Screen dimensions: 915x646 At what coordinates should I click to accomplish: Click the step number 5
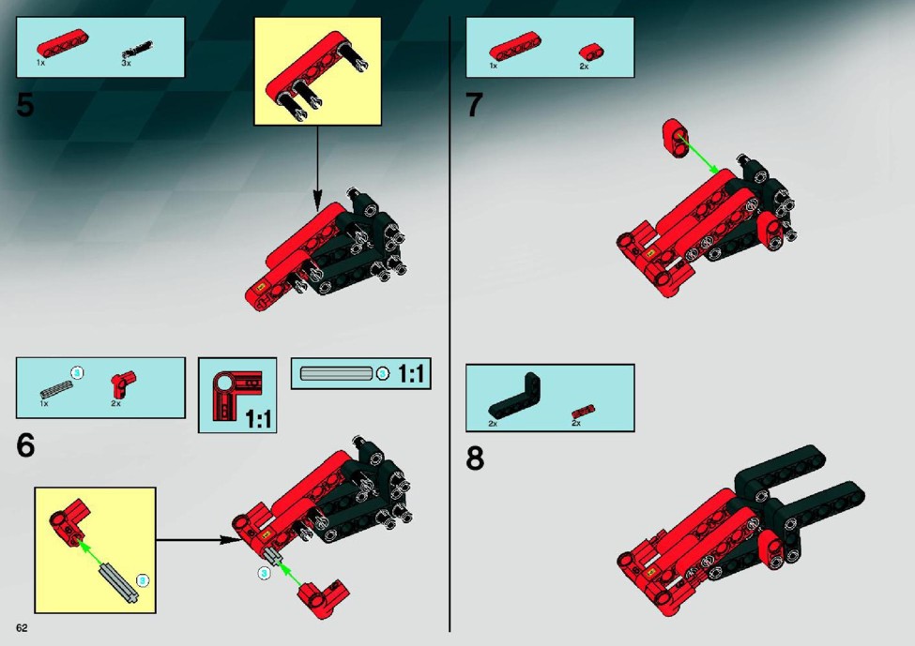point(25,105)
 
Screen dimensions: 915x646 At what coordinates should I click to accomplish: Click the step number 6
point(25,445)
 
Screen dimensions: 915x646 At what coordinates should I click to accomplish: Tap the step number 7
point(475,105)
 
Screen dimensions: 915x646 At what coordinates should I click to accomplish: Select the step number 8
point(475,458)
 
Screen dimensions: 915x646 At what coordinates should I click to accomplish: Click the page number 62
point(22,628)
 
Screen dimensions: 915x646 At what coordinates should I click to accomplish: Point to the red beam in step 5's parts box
point(63,43)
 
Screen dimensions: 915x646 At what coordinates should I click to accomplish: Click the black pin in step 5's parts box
point(137,50)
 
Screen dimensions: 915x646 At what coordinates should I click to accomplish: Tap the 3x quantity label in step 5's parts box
point(126,63)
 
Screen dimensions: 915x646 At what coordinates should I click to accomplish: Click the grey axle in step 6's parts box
point(56,389)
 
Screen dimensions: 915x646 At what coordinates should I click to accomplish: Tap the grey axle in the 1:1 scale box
point(336,373)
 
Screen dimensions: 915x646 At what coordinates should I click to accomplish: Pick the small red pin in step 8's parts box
point(584,412)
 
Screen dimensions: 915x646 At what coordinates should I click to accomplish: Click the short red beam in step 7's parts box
point(592,52)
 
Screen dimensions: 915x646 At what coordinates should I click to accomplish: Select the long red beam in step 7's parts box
point(514,46)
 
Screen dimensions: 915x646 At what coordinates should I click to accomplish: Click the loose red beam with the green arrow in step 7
point(675,138)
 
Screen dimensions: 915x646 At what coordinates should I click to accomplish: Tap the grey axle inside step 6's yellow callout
point(118,582)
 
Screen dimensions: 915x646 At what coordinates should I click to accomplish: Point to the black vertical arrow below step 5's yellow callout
point(317,168)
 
